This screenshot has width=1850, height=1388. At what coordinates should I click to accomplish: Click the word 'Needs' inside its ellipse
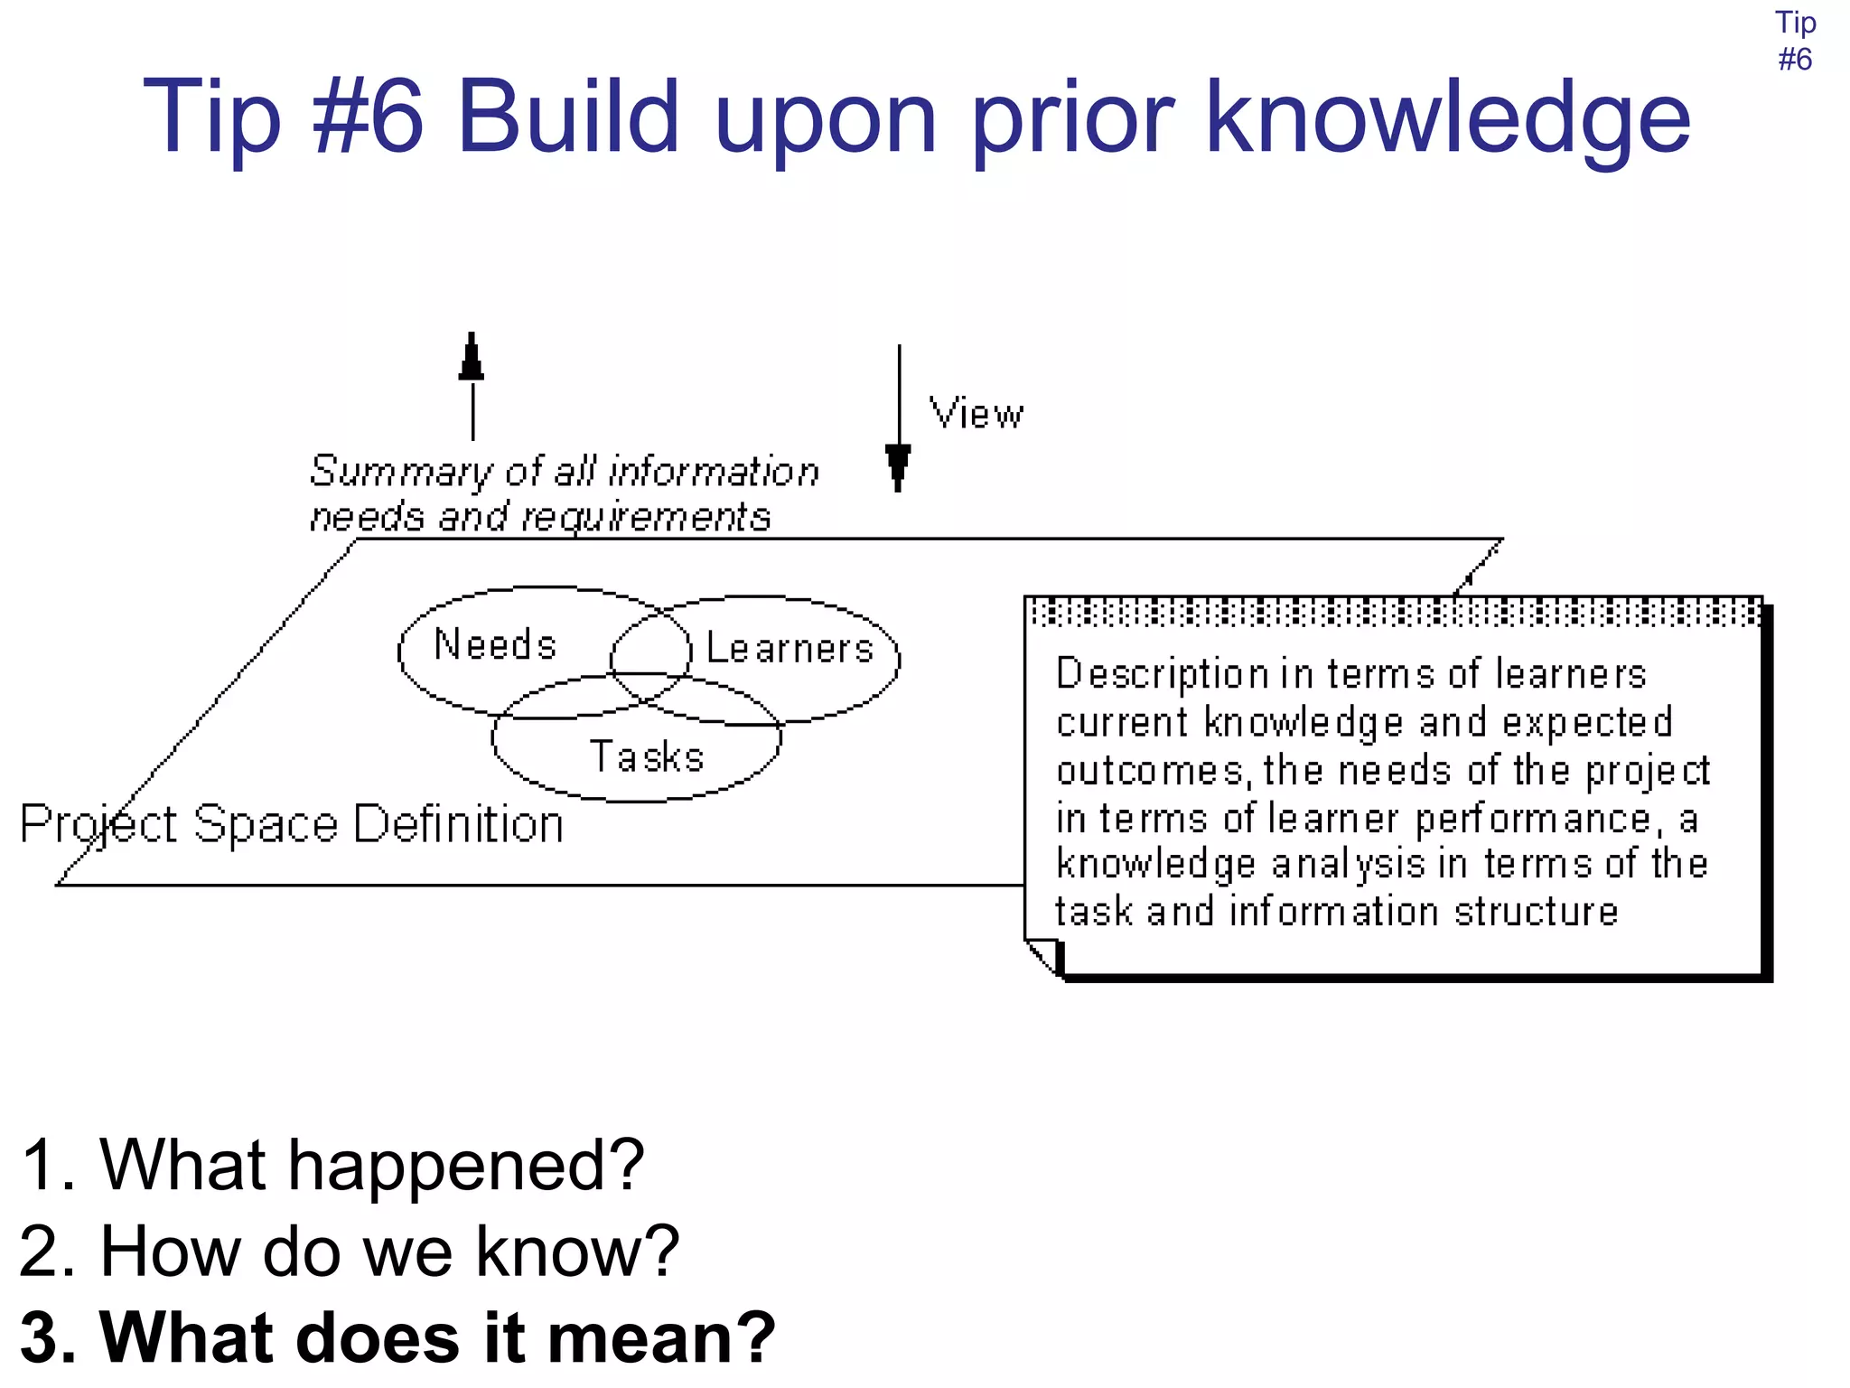495,645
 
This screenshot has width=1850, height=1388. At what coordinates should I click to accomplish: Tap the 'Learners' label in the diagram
790,649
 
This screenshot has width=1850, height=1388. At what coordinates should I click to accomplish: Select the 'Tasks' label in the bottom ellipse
647,757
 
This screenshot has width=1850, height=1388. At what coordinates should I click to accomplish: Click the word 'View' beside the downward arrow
976,414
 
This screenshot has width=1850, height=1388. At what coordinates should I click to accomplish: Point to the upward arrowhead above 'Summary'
472,358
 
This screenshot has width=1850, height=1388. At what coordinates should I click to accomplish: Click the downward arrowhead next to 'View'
898,464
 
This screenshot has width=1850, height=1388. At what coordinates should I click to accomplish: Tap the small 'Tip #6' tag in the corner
1795,41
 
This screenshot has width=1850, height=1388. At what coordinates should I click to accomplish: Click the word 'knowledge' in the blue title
1447,117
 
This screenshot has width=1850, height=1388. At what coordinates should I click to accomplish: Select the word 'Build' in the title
568,117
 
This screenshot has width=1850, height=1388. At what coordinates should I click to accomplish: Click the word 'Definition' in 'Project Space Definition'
459,824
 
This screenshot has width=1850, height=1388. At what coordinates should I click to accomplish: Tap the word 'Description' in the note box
1163,674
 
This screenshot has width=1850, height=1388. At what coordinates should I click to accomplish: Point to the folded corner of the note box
1043,954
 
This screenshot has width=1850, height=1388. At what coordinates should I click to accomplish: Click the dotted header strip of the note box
1394,613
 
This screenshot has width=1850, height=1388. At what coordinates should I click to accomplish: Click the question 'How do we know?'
389,1252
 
